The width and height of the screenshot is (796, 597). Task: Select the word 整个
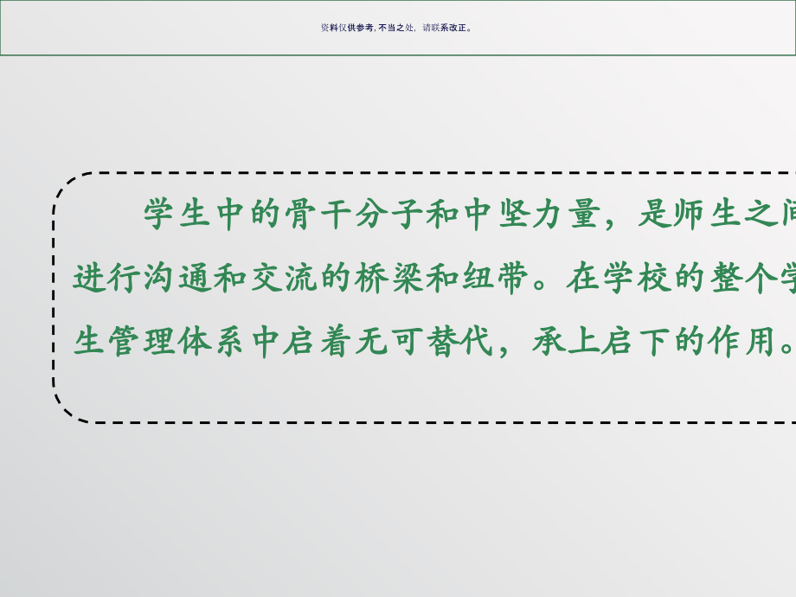[x=743, y=278]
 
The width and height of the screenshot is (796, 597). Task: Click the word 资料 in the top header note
[x=329, y=28]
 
